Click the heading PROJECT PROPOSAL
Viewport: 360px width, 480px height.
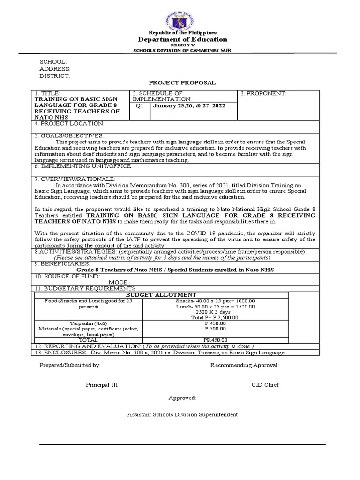182,82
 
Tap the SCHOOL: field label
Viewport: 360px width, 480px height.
53,62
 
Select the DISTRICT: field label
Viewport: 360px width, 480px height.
54,75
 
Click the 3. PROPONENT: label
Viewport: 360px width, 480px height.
263,94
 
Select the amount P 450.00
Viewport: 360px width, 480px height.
215,322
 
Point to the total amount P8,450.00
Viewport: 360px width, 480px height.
215,340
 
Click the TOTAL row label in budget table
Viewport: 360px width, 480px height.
88,340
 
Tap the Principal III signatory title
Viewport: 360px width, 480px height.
102,385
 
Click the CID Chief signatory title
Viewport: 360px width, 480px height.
265,385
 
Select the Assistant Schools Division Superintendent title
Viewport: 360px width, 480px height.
182,415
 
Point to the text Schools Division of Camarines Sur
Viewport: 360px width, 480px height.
182,50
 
